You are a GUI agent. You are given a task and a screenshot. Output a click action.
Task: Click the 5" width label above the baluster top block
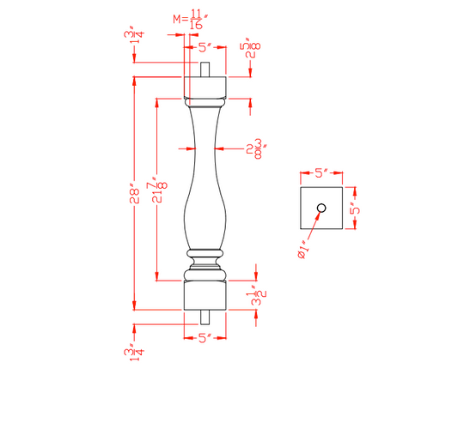pyautogui.click(x=204, y=49)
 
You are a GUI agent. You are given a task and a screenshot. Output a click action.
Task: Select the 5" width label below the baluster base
pyautogui.click(x=204, y=338)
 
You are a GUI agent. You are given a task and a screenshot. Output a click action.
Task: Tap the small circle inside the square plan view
pyautogui.click(x=321, y=208)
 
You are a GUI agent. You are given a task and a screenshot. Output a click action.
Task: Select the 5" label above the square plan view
pyautogui.click(x=321, y=172)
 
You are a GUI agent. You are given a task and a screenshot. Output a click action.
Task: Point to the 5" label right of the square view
pyautogui.click(x=352, y=208)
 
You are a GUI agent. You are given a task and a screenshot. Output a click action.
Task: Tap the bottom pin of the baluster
pyautogui.click(x=204, y=317)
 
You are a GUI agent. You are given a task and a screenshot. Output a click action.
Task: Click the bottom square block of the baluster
pyautogui.click(x=204, y=296)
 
